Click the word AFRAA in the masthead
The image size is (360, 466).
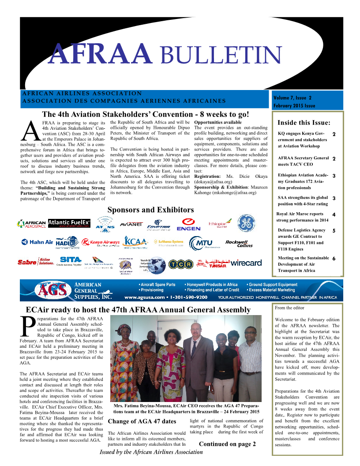click(x=99, y=54)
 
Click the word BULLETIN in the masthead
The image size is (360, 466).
click(x=219, y=55)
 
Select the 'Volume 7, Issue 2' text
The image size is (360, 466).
click(x=292, y=98)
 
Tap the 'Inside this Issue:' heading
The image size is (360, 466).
click(x=304, y=122)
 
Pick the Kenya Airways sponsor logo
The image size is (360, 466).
click(x=101, y=242)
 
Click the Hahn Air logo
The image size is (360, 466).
click(x=37, y=242)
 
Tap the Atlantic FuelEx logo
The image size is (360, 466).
click(x=69, y=223)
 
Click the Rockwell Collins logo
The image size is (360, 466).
click(x=239, y=243)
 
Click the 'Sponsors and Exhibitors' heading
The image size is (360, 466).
click(x=150, y=210)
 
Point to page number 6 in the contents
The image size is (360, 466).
click(x=334, y=259)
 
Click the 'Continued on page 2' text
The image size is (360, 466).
click(x=227, y=444)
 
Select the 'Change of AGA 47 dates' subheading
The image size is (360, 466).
click(x=139, y=421)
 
